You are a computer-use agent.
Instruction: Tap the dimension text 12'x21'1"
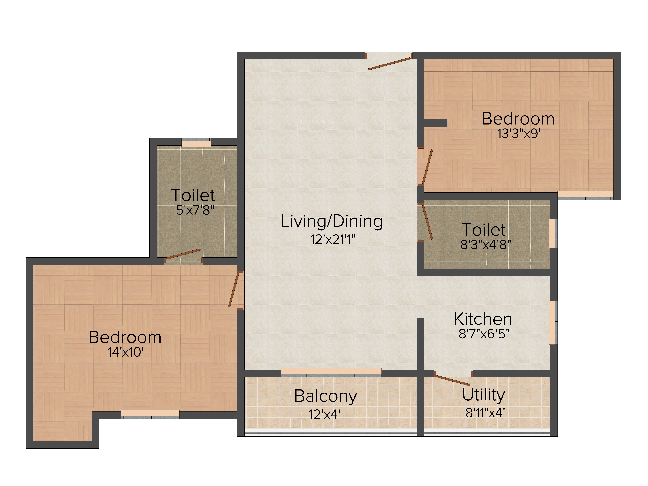pyautogui.click(x=332, y=240)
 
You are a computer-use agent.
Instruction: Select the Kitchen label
pyautogui.click(x=483, y=319)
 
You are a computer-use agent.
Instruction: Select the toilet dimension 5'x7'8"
pyautogui.click(x=195, y=210)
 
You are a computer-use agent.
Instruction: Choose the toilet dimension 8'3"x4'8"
pyautogui.click(x=485, y=244)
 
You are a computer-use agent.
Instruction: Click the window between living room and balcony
pyautogui.click(x=331, y=372)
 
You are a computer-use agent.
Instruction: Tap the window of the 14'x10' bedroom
pyautogui.click(x=150, y=414)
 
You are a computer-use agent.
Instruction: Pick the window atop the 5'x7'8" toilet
pyautogui.click(x=196, y=143)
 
